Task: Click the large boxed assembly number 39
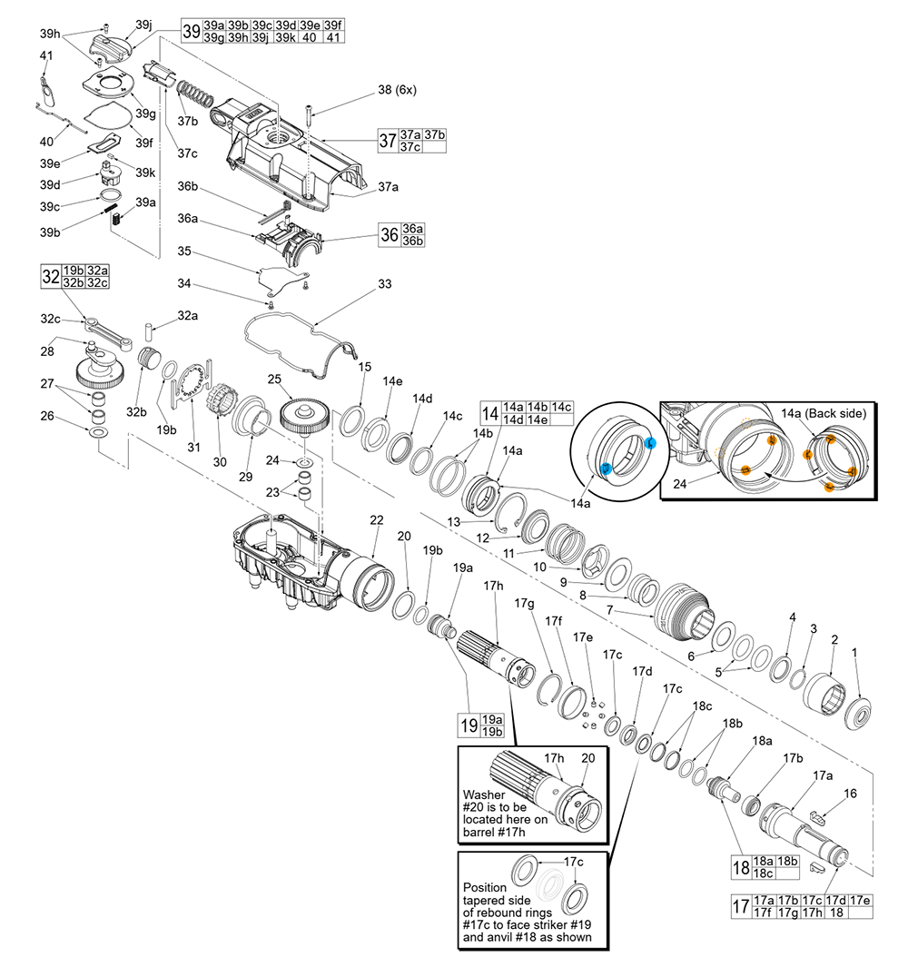191,31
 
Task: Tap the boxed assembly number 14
489,413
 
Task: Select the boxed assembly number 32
50,276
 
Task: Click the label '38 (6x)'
397,90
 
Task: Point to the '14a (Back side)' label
822,412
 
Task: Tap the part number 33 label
384,284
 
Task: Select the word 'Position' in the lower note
486,887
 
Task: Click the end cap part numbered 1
857,711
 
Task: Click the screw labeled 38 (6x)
311,114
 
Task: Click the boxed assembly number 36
389,234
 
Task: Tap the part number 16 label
850,794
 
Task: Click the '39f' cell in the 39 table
333,25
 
